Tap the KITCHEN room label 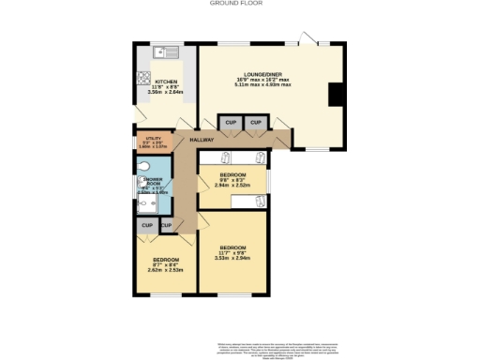pos(166,82)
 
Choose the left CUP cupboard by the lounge pos(230,122)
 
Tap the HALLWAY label pos(202,140)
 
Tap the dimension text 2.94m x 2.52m pos(231,185)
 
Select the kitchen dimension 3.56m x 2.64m pos(166,93)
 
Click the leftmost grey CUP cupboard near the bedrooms pos(147,226)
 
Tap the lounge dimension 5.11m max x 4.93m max pos(262,84)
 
